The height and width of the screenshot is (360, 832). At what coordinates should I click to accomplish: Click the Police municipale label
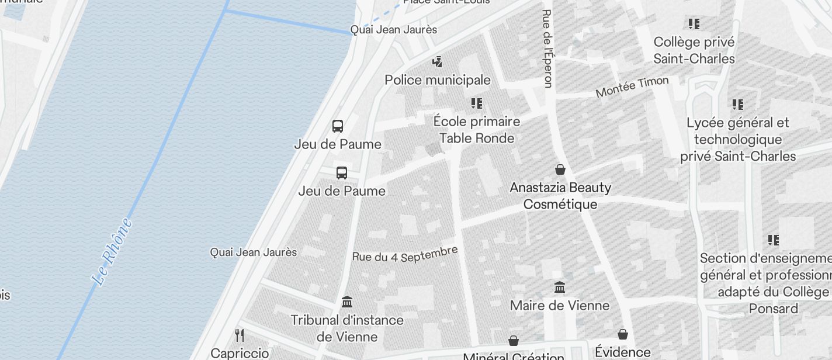(x=437, y=79)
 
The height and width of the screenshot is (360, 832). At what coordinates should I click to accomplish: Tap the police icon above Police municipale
(x=437, y=61)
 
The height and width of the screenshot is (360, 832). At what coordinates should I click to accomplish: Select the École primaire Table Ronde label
(x=477, y=130)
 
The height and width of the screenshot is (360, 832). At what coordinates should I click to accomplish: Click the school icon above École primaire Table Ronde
(x=477, y=103)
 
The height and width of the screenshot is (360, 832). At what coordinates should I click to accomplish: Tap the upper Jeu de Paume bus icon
(x=338, y=126)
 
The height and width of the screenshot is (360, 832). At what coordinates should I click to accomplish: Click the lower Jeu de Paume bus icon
(x=342, y=173)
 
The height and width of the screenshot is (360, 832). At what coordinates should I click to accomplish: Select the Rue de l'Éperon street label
(x=547, y=49)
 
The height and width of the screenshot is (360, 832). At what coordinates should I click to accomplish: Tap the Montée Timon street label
(x=632, y=86)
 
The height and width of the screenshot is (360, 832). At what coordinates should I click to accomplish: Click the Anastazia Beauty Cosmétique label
(x=560, y=196)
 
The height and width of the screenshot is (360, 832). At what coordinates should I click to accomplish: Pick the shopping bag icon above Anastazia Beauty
(x=560, y=169)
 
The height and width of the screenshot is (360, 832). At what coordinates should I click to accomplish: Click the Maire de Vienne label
(x=560, y=305)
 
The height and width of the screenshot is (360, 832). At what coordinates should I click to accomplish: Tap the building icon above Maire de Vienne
(x=560, y=287)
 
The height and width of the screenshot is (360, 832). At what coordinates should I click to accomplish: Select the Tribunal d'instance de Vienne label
(x=347, y=328)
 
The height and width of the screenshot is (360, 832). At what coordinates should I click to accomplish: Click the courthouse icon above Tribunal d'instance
(x=347, y=302)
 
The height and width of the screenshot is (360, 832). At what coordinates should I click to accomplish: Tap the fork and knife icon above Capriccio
(x=239, y=335)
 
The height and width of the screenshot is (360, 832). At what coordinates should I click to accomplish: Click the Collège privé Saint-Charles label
(x=694, y=50)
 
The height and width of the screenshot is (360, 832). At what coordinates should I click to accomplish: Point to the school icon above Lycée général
(x=738, y=105)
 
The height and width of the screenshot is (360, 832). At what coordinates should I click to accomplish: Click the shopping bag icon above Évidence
(x=623, y=334)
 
